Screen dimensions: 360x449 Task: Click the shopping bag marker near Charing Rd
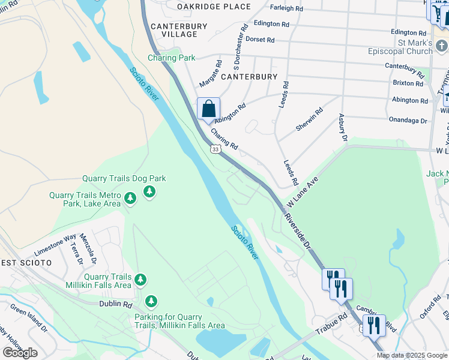pos(208,110)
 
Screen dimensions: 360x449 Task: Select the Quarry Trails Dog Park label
pos(124,178)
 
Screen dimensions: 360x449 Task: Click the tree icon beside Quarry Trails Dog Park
pos(149,191)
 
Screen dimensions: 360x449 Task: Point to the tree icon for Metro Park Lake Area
pos(130,197)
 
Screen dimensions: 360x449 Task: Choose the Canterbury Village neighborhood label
pos(179,30)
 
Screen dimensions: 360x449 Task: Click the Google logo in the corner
pos(20,353)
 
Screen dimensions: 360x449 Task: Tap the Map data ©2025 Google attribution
pos(412,355)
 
